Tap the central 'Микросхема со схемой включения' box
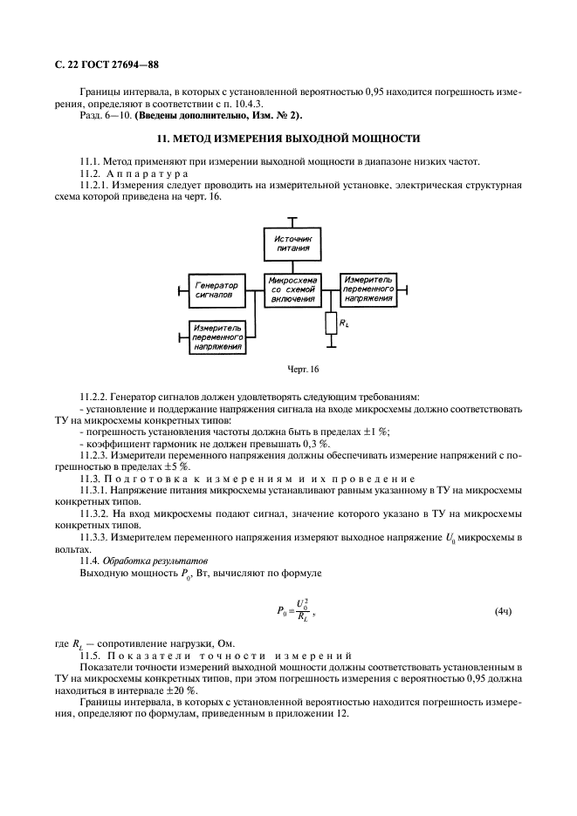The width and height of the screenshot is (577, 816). point(292,290)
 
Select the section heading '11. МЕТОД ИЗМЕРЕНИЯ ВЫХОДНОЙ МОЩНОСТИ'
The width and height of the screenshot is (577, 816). point(288,139)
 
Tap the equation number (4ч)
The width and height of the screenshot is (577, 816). point(503,610)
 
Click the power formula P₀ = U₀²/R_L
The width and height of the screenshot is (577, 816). point(294,610)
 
